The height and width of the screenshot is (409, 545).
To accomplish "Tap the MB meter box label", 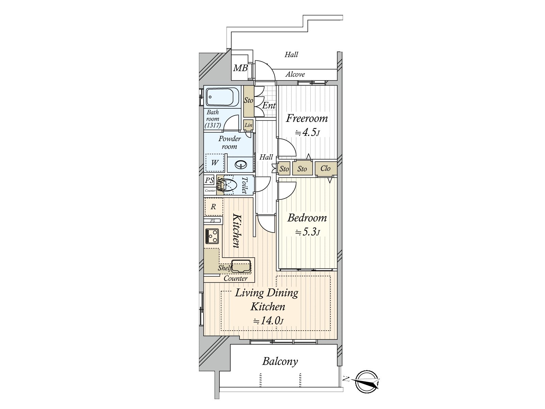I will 240,68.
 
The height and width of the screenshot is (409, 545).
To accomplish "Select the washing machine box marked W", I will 215,163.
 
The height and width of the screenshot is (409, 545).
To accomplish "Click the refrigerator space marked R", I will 214,207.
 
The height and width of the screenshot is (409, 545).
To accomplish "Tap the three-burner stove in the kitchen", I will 212,236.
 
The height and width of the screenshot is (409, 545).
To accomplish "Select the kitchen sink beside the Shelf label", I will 241,266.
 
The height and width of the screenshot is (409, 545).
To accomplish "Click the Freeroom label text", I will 307,119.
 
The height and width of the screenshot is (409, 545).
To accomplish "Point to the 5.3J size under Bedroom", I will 307,232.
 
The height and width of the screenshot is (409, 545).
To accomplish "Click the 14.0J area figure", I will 268,320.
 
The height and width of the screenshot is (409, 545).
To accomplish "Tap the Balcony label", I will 280,361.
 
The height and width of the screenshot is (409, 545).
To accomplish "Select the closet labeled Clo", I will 326,168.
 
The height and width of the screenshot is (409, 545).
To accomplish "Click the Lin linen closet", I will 248,125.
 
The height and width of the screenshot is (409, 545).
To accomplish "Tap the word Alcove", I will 295,74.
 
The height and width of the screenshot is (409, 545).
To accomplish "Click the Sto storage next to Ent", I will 249,101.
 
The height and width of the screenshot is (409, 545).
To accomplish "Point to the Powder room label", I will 230,142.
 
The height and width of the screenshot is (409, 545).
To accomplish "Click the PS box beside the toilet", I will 209,180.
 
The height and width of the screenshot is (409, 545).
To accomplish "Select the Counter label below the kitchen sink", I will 235,278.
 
